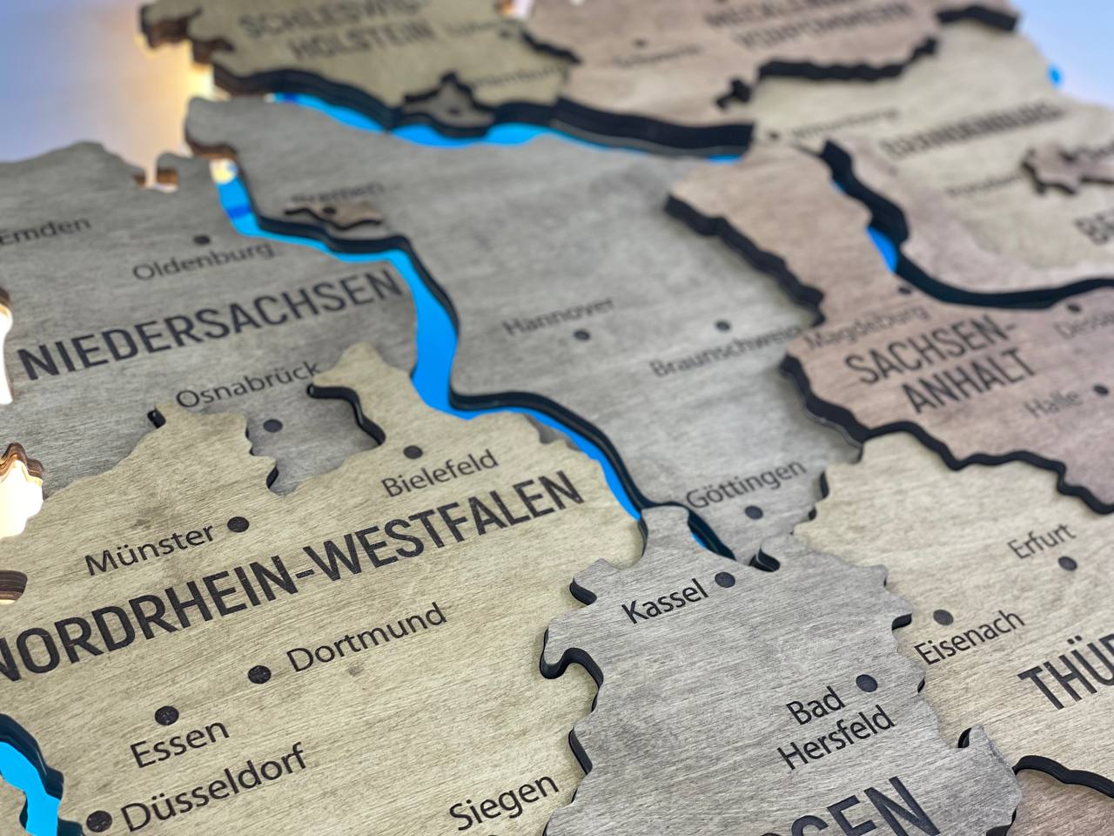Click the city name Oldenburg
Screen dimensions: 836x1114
point(202,260)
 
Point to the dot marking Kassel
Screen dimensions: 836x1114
point(721,578)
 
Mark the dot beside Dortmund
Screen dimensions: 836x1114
point(258,674)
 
